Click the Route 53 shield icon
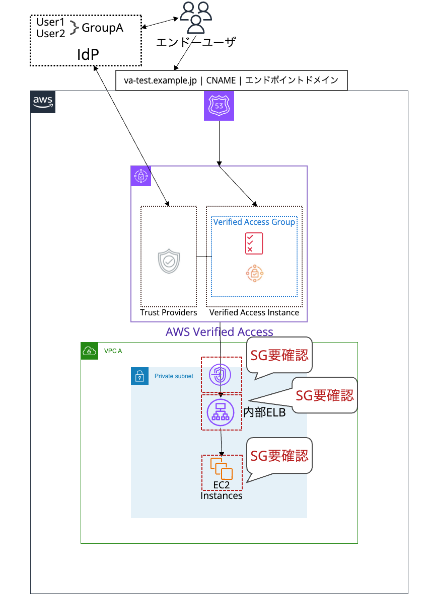(219, 106)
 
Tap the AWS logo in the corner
(43, 102)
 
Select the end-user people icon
(196, 18)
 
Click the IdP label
(88, 54)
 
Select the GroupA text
(102, 28)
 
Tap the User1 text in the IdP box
(51, 22)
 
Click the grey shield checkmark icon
(169, 262)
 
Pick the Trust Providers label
(169, 313)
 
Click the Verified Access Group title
(254, 222)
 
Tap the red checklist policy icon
(254, 243)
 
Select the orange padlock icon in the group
(254, 274)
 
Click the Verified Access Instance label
(254, 313)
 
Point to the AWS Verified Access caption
(219, 332)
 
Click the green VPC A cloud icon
(89, 351)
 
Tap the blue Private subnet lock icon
(139, 376)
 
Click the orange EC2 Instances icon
(222, 469)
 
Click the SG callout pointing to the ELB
(325, 395)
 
